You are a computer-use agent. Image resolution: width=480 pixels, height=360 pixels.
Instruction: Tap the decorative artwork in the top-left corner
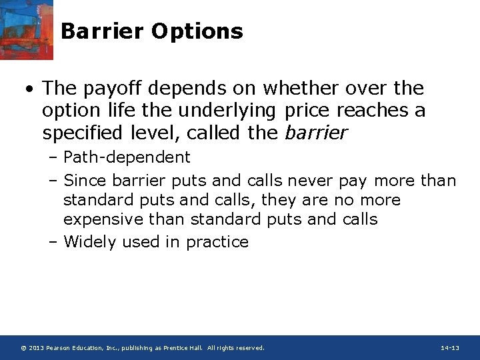coord(26,29)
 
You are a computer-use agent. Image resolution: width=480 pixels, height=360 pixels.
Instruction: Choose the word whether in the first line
coord(294,88)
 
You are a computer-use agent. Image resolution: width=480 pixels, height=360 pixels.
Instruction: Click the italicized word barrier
coord(316,133)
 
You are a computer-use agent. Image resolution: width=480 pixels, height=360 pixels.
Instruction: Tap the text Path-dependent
coord(127,157)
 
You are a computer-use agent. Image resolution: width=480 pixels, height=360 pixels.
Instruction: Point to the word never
coord(309,181)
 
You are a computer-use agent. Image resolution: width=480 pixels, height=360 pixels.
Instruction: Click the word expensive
coord(101,219)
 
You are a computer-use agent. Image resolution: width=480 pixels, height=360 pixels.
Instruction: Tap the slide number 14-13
coord(450,348)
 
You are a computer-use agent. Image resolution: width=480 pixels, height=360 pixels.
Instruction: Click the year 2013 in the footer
coord(37,348)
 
